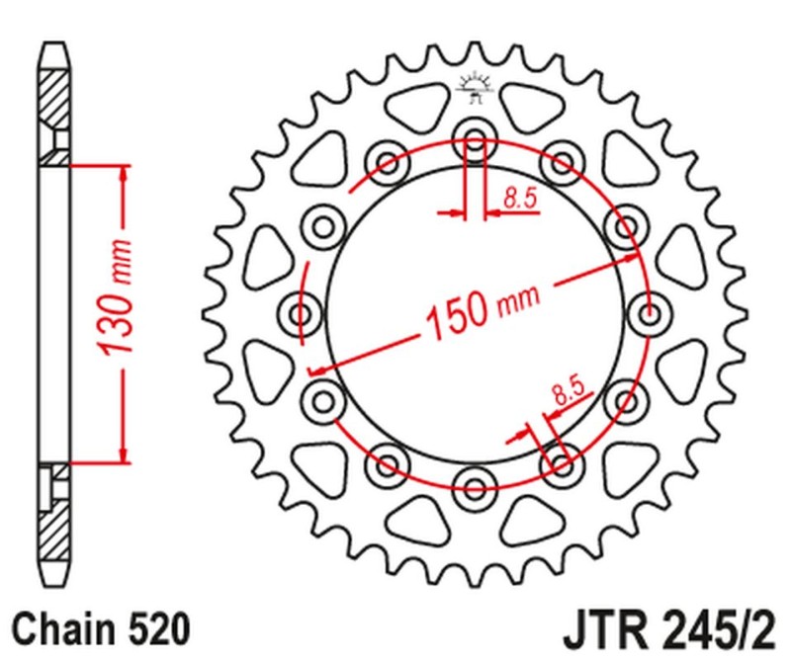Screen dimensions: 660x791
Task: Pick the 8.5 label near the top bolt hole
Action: (519, 199)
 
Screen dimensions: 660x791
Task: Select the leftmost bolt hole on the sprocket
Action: (300, 314)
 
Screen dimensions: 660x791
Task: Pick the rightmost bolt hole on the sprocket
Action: (650, 314)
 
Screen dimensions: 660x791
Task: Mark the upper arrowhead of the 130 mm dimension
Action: (124, 171)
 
